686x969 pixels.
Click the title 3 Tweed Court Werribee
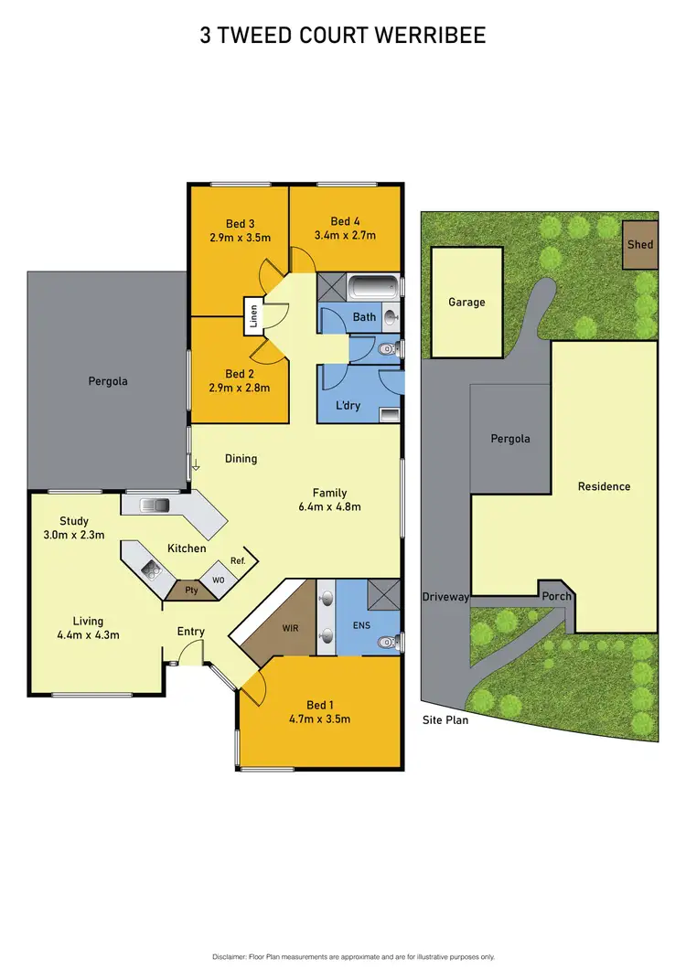pyautogui.click(x=343, y=36)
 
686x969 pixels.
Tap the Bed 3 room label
pyautogui.click(x=240, y=222)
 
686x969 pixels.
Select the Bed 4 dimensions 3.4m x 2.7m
pyautogui.click(x=345, y=235)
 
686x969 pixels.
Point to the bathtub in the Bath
pyautogui.click(x=374, y=287)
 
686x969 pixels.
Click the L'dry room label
pyautogui.click(x=348, y=404)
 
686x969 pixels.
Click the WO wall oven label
pyautogui.click(x=218, y=580)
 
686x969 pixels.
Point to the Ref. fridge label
pyautogui.click(x=237, y=560)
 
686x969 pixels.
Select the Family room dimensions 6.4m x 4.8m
pyautogui.click(x=329, y=506)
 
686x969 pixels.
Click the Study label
pyautogui.click(x=74, y=521)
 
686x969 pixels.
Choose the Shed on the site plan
pyautogui.click(x=640, y=245)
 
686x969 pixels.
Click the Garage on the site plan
pyautogui.click(x=466, y=302)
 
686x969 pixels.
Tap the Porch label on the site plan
pyautogui.click(x=556, y=596)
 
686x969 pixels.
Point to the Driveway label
pyautogui.click(x=445, y=597)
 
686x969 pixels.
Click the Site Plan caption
pyautogui.click(x=445, y=719)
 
